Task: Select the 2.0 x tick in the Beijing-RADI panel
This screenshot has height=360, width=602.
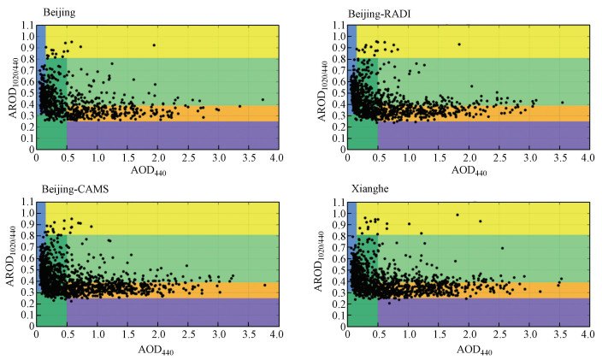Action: [x=467, y=158]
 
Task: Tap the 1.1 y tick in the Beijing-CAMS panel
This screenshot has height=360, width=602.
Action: [x=27, y=202]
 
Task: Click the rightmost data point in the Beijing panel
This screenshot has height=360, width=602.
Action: [x=262, y=99]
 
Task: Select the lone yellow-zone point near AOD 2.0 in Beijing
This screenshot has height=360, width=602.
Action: [x=154, y=45]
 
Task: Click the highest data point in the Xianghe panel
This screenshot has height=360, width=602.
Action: [x=457, y=215]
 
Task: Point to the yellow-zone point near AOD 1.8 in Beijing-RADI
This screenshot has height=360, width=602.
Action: [x=458, y=44]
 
